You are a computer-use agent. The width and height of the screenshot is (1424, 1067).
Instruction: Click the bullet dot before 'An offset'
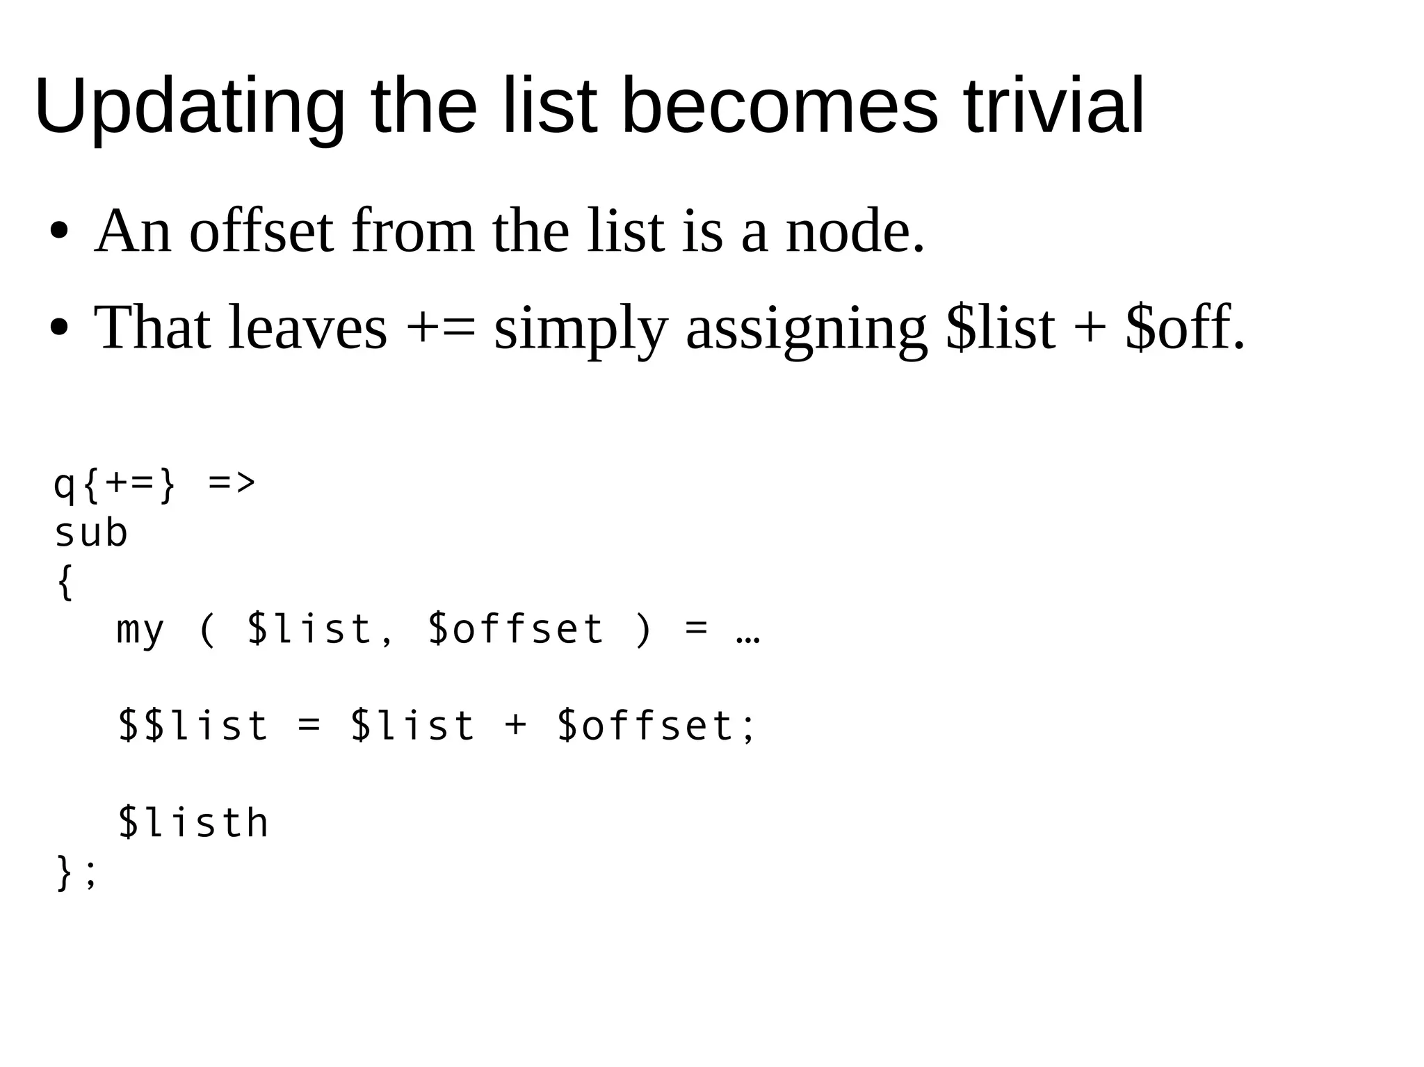tap(59, 231)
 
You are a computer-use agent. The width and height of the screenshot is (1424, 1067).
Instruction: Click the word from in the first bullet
tap(413, 231)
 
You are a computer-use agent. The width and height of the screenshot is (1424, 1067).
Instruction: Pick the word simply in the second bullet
tap(581, 329)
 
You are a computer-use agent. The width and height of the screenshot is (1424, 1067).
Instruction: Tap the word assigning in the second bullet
tap(806, 329)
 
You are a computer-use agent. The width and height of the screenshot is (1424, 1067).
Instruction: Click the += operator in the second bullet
tap(441, 328)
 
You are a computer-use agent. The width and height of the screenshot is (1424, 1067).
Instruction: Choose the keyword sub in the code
tap(91, 534)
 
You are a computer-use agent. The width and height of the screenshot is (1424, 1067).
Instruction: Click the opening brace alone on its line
tap(65, 582)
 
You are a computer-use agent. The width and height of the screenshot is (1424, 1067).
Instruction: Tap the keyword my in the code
tap(140, 630)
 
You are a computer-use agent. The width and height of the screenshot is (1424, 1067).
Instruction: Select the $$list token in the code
tap(193, 726)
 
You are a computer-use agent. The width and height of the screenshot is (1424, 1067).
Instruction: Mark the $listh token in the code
tap(193, 823)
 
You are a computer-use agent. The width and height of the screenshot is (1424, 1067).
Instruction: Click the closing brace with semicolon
tap(75, 873)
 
